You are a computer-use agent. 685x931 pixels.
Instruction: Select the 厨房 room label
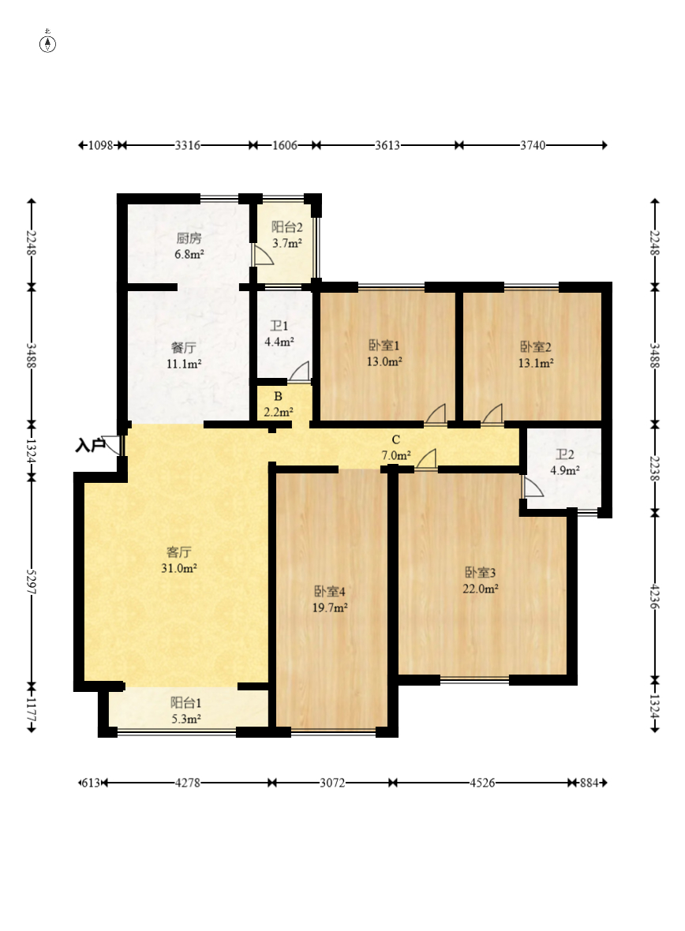coord(189,239)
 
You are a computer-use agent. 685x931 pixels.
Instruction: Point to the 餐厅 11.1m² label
coord(183,355)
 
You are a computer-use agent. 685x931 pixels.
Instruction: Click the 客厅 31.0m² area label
coord(179,560)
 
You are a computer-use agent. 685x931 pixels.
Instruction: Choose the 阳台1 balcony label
coord(186,703)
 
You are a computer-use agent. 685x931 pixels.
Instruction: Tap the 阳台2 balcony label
coord(287,226)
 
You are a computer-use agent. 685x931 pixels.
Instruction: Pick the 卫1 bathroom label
coord(279,326)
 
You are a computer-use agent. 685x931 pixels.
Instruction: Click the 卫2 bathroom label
coord(564,454)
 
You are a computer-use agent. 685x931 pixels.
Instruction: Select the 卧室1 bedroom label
coord(384,346)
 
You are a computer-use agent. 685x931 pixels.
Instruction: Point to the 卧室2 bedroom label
coord(536,346)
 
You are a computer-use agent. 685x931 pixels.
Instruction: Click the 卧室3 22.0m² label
coord(480,580)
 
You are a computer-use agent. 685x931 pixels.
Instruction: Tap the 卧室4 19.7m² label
coord(330,599)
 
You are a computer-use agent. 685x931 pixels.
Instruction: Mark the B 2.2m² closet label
coord(278,404)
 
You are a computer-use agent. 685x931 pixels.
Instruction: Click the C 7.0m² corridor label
coord(395,447)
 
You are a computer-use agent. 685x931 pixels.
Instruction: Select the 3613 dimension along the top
coord(387,145)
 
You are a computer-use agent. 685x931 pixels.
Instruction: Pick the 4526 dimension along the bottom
coord(482,783)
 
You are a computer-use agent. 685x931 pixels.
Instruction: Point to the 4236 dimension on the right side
coord(655,596)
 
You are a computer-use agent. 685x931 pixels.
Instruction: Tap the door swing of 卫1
coord(299,371)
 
